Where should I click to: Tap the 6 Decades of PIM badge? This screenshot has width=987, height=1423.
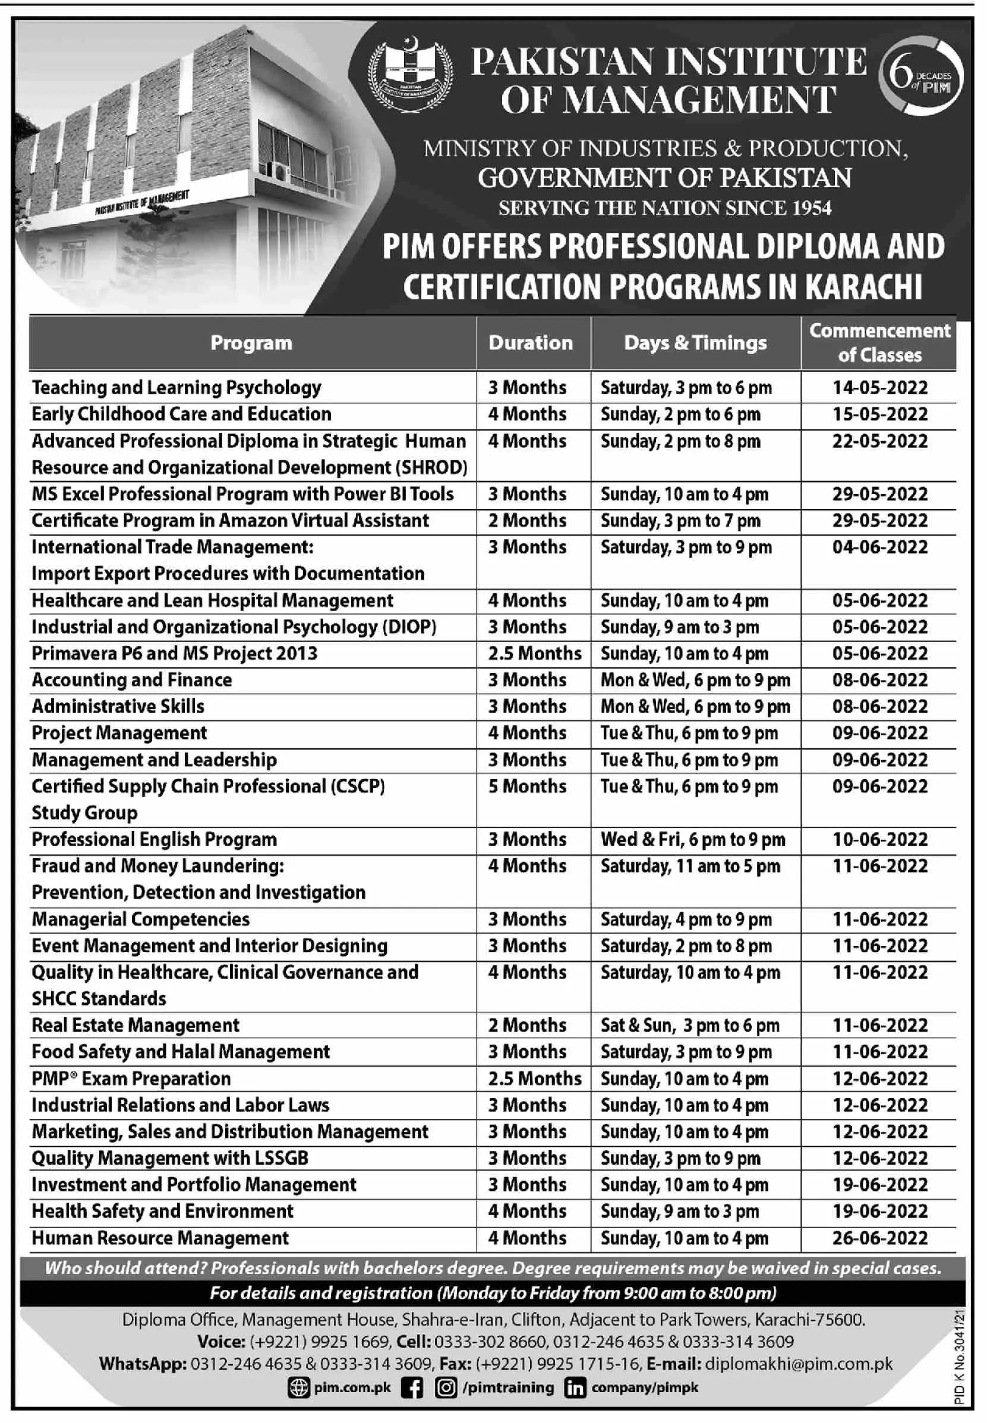(x=921, y=77)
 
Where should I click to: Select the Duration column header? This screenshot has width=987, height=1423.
(x=531, y=343)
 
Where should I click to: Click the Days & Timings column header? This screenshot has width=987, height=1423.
(x=695, y=343)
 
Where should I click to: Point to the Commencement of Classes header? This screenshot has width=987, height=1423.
(x=879, y=343)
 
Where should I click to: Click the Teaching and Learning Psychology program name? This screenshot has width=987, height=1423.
(x=176, y=388)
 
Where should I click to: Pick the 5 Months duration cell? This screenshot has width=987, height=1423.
(x=527, y=786)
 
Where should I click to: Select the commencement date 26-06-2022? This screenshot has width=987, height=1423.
(x=879, y=1238)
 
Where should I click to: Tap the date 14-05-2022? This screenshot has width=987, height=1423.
(x=879, y=388)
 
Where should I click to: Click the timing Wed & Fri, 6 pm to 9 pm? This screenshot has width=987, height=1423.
(x=693, y=839)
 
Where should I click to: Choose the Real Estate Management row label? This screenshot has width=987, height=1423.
(x=135, y=1026)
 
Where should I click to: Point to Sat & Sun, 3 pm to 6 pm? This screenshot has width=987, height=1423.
(x=689, y=1026)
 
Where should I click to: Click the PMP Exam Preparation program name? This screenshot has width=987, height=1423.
(x=131, y=1079)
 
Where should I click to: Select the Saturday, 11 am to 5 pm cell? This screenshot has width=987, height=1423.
(x=690, y=866)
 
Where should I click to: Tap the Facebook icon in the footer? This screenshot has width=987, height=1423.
(x=412, y=1388)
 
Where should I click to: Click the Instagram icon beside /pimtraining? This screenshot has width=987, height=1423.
(x=445, y=1388)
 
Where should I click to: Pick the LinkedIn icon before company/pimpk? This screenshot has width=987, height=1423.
(x=575, y=1388)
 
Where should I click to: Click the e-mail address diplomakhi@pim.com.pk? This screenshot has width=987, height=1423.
(x=799, y=1364)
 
